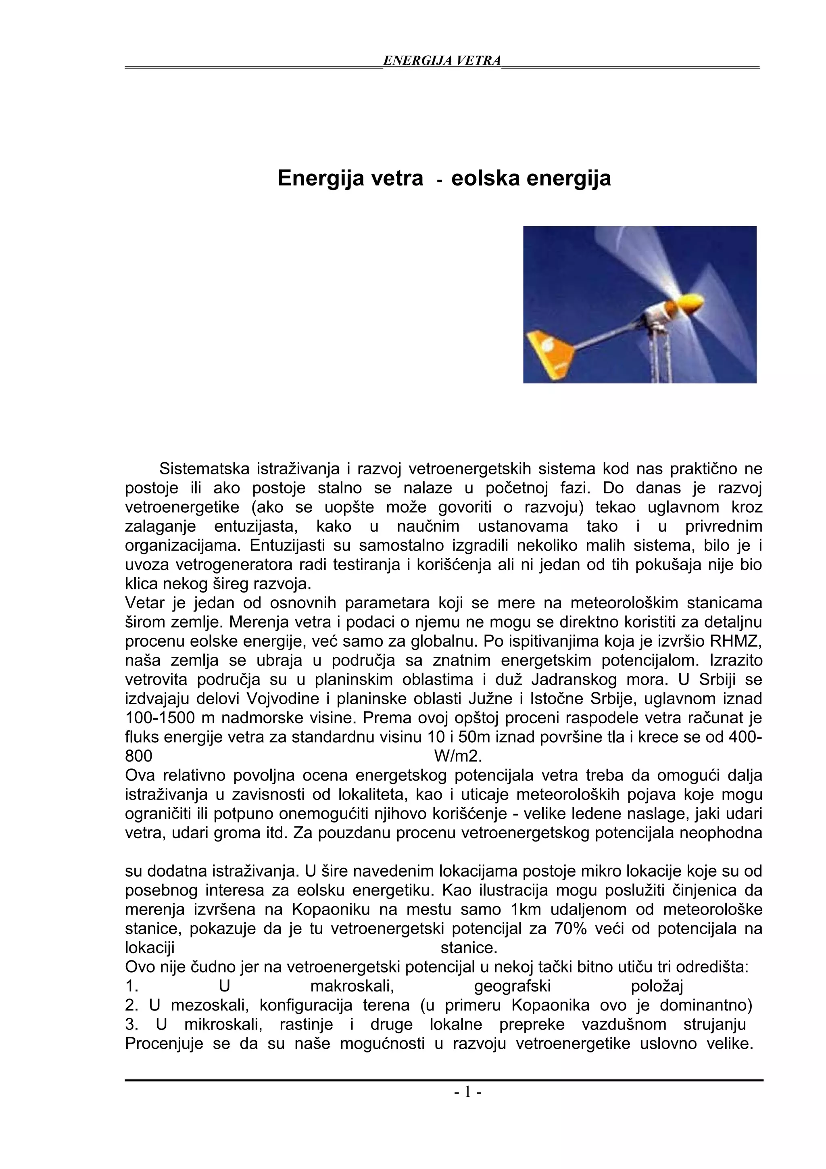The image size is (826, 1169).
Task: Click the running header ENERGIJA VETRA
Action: pyautogui.click(x=441, y=61)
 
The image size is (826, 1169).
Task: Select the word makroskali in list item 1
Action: pyautogui.click(x=352, y=987)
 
